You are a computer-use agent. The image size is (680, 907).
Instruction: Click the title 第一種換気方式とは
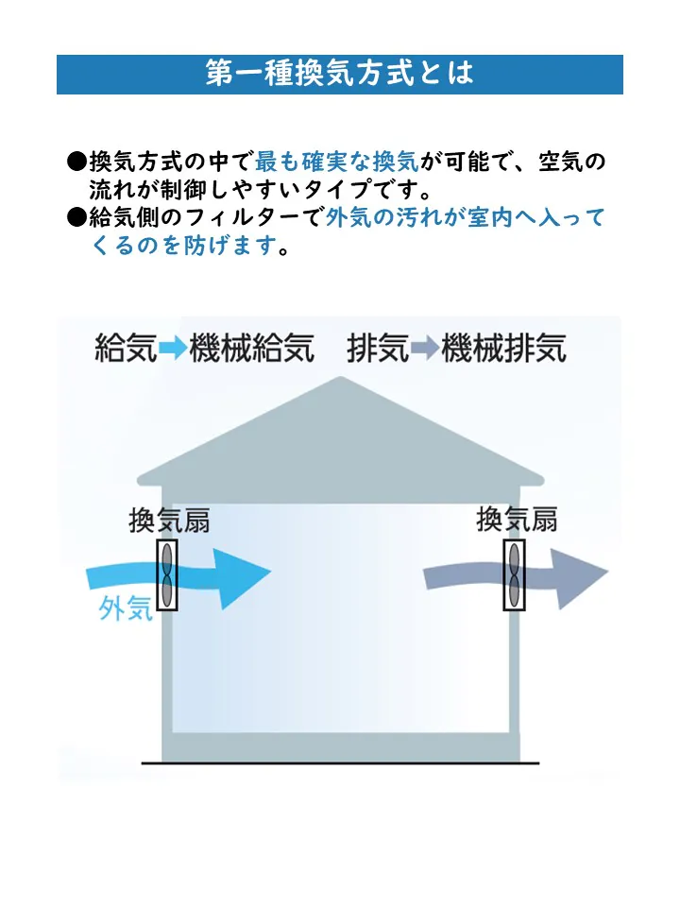339,74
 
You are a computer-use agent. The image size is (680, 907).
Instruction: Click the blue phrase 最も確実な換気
336,162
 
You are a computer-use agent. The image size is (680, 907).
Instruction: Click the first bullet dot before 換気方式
76,163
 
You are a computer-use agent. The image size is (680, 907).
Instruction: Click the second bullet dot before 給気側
76,219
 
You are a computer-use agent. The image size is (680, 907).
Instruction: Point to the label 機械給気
251,349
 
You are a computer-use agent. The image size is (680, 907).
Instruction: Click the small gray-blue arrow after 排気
425,349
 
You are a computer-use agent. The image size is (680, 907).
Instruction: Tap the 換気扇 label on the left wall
169,522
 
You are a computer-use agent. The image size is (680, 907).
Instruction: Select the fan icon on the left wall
167,576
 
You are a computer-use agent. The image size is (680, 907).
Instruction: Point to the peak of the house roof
340,381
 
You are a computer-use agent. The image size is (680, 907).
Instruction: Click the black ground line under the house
340,762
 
